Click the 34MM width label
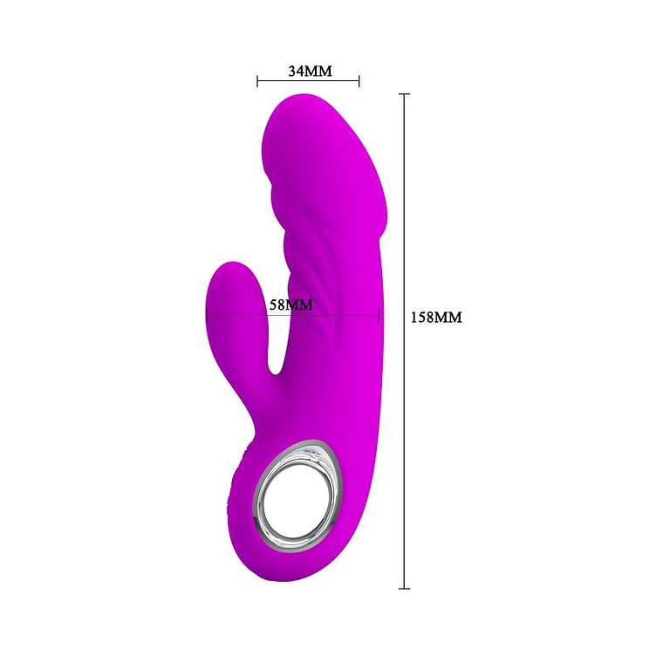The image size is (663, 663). click(x=310, y=71)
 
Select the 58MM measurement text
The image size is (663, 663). click(x=288, y=304)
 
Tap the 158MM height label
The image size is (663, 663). click(x=436, y=318)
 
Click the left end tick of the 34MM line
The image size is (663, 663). click(x=258, y=82)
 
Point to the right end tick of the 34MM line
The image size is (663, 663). click(x=359, y=82)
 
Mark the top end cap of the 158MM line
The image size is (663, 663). click(x=404, y=94)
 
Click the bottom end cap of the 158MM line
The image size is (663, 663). click(x=404, y=589)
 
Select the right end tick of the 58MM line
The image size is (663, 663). click(x=379, y=314)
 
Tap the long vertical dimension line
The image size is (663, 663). click(x=404, y=393)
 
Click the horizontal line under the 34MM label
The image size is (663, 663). click(x=309, y=82)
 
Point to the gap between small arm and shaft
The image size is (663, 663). click(x=276, y=349)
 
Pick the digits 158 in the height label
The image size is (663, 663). click(x=424, y=318)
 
